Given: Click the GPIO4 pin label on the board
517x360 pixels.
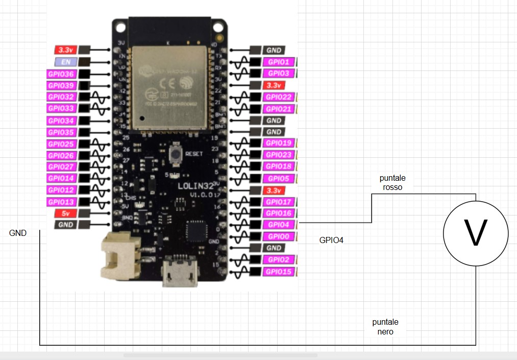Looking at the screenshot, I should click(x=279, y=225).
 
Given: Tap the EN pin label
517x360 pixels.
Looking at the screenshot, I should click(x=66, y=62).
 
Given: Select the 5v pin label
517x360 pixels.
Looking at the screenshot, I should click(x=65, y=213).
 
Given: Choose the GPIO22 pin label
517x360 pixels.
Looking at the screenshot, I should click(x=279, y=97).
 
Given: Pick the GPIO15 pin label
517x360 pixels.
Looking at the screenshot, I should click(x=279, y=272).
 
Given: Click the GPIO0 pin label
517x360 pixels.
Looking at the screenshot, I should click(x=279, y=236).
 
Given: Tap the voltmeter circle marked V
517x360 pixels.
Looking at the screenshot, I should click(x=476, y=233).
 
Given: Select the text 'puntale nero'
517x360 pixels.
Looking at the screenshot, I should click(x=385, y=327).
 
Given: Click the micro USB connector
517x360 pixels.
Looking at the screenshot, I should click(x=179, y=276).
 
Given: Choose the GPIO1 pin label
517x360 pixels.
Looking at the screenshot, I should click(x=279, y=62).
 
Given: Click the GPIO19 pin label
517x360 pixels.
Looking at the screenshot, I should click(x=279, y=143).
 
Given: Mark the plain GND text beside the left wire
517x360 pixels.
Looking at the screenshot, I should click(x=18, y=233).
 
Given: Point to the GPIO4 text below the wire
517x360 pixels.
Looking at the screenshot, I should click(x=331, y=239).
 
